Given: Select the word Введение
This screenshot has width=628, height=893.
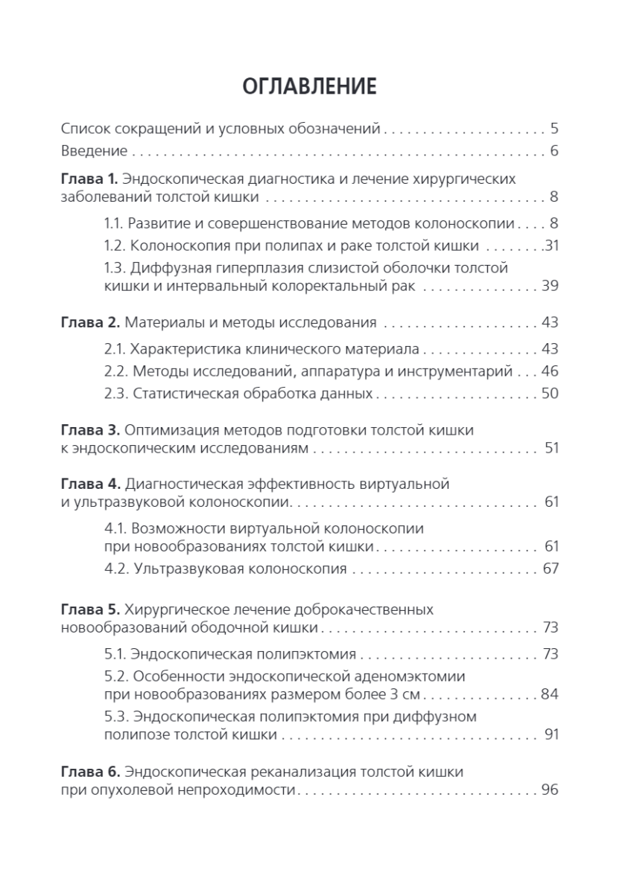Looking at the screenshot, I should tap(93, 151).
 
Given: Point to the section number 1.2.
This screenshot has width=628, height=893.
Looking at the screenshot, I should tap(114, 245).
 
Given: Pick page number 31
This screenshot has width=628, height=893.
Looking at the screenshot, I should tap(551, 245).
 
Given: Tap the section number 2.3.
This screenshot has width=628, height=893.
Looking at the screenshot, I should tap(115, 394).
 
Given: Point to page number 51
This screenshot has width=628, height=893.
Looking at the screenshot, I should tap(551, 449).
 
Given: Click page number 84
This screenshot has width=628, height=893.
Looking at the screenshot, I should tap(550, 695).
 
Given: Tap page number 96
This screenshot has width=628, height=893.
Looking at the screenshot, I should tap(550, 790).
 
